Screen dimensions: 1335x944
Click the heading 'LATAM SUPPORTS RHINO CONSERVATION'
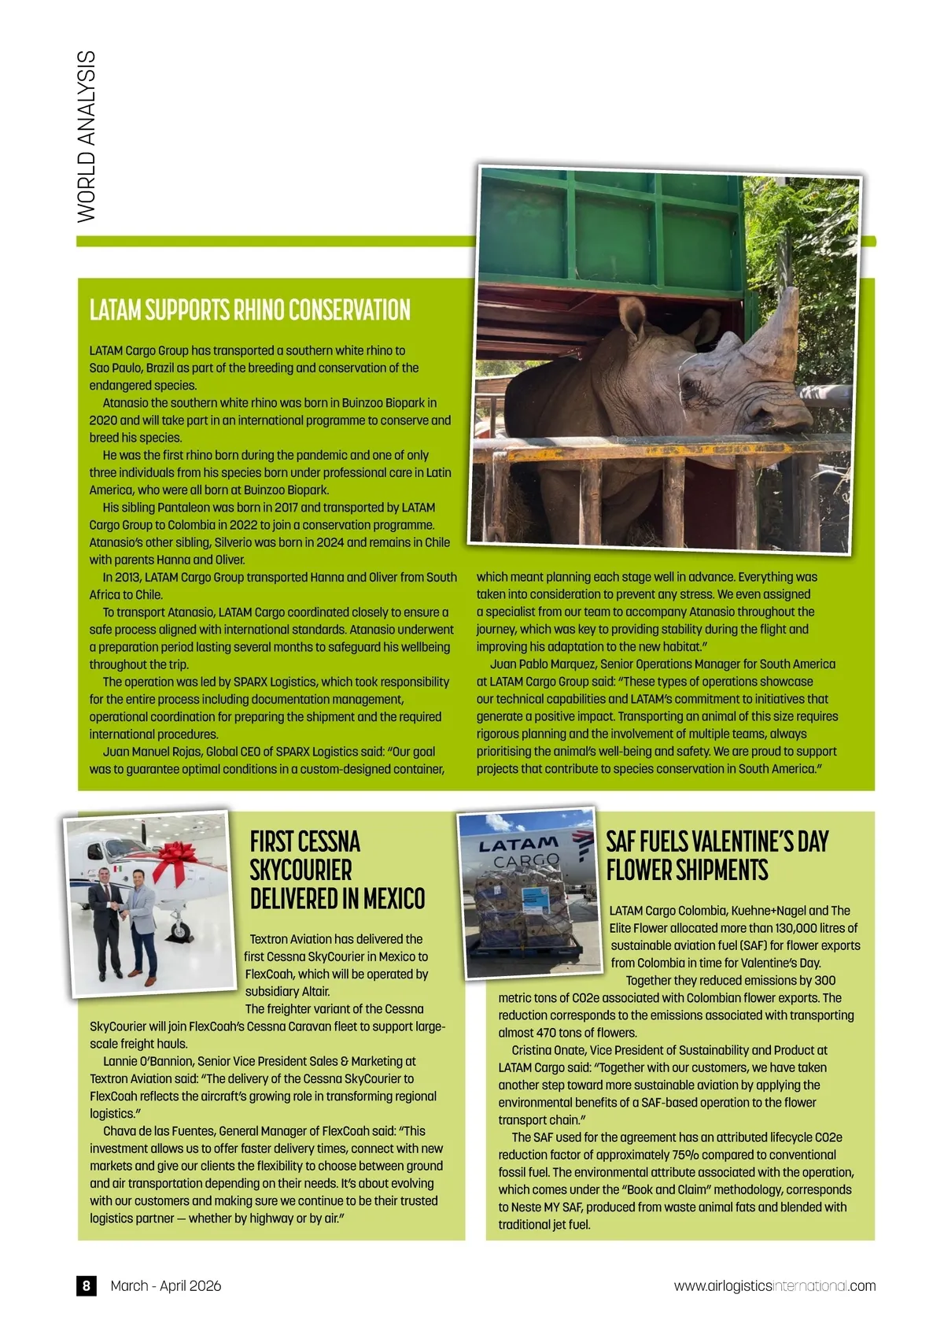(x=249, y=310)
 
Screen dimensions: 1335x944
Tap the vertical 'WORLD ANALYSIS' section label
(x=87, y=135)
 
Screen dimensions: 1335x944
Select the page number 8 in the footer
(x=87, y=1285)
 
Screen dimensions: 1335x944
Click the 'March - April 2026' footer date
(x=166, y=1285)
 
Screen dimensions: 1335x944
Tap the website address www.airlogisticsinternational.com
(x=774, y=1285)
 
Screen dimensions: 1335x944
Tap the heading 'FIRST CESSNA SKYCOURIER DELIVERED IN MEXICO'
(x=337, y=870)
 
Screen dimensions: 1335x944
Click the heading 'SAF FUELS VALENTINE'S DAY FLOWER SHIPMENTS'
(x=717, y=856)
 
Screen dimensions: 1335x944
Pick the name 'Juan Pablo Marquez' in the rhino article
(x=543, y=664)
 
